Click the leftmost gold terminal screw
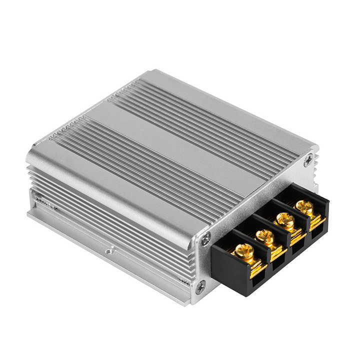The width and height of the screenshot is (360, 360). pyautogui.click(x=244, y=251)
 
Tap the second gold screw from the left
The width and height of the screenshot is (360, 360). pyautogui.click(x=265, y=236)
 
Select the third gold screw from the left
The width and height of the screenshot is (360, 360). pyautogui.click(x=285, y=220)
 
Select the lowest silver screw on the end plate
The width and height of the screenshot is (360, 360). pyautogui.click(x=200, y=286)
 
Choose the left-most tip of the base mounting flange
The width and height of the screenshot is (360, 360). pyautogui.click(x=28, y=215)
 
